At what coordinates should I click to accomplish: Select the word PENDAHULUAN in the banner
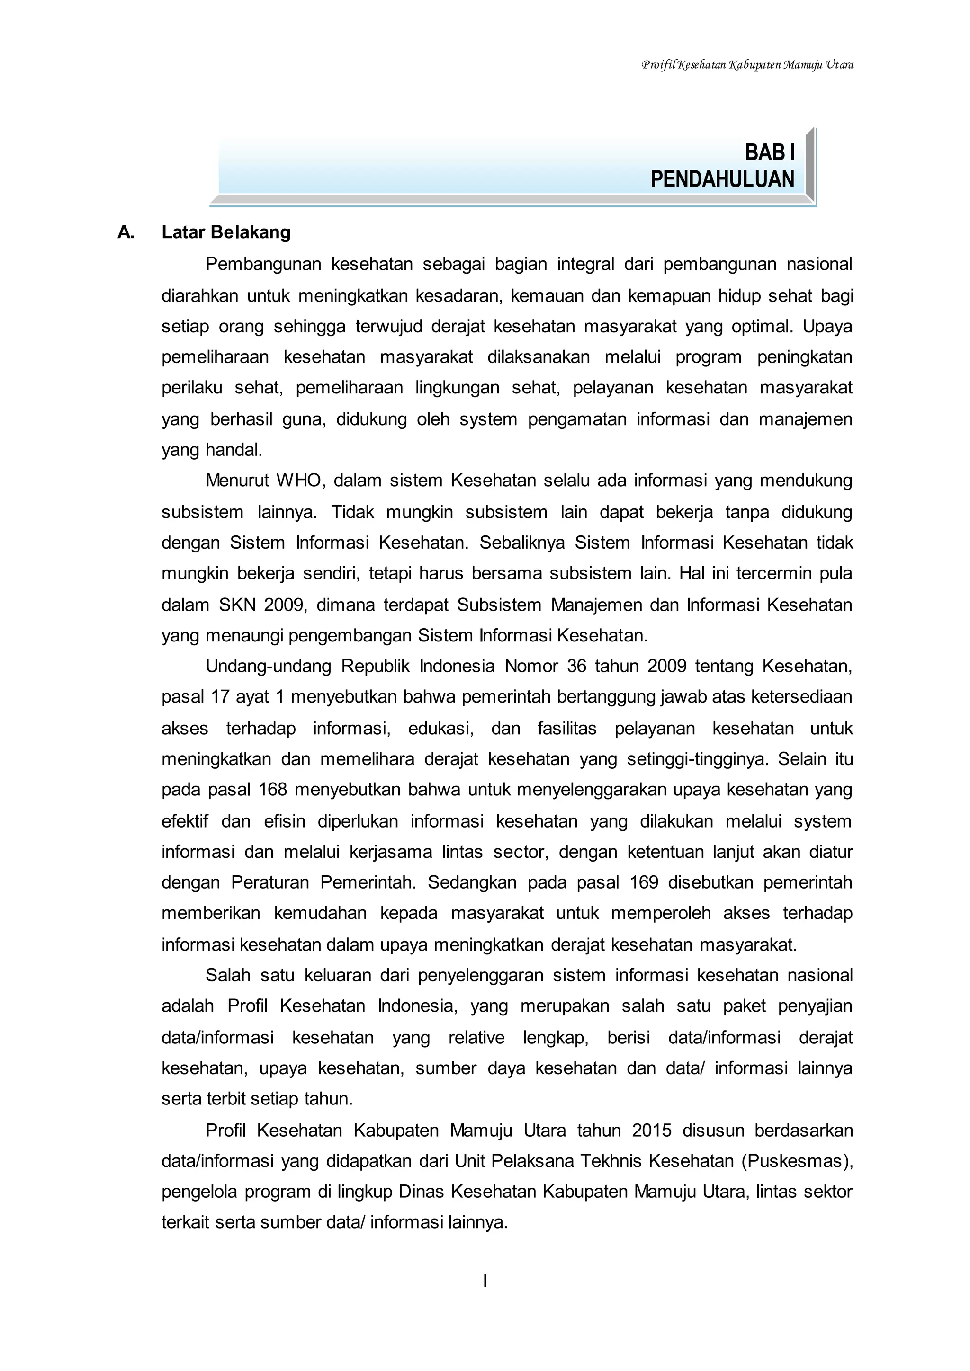722,179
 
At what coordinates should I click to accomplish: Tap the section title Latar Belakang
226,232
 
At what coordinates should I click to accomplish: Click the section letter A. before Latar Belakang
126,232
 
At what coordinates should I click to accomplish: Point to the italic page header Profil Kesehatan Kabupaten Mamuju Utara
746,64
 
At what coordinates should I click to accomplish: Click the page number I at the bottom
485,1281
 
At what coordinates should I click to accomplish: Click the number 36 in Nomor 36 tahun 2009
576,667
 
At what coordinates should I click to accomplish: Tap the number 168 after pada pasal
273,790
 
